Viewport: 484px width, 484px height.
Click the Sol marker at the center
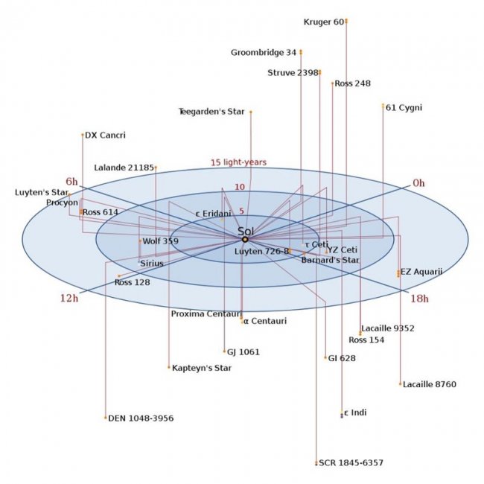[x=245, y=240]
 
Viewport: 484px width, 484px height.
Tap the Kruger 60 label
[x=324, y=22]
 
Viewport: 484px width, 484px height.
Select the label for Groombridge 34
[x=264, y=52]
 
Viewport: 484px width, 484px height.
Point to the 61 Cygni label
[x=404, y=108]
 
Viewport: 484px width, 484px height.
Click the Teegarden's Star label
[x=211, y=112]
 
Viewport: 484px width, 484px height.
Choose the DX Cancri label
[x=105, y=136]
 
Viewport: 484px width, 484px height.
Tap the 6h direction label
[x=71, y=182]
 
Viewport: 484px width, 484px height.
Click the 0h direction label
[x=418, y=183]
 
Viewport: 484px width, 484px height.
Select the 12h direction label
[x=69, y=298]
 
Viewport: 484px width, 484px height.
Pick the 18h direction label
[x=419, y=299]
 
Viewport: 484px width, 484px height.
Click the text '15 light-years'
[x=238, y=162]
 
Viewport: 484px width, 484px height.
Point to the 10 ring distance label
[x=240, y=187]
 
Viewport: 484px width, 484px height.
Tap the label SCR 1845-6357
[x=351, y=462]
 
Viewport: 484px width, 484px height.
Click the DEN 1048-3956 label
[x=141, y=418]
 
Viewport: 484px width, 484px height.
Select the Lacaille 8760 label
[x=430, y=384]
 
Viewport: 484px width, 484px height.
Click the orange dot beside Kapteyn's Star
[x=169, y=367]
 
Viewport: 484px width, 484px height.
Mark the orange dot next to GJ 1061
[x=224, y=351]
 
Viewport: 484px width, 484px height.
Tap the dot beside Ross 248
[x=332, y=83]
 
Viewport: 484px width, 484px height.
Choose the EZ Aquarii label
[x=421, y=272]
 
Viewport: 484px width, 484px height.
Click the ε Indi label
[x=355, y=413]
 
